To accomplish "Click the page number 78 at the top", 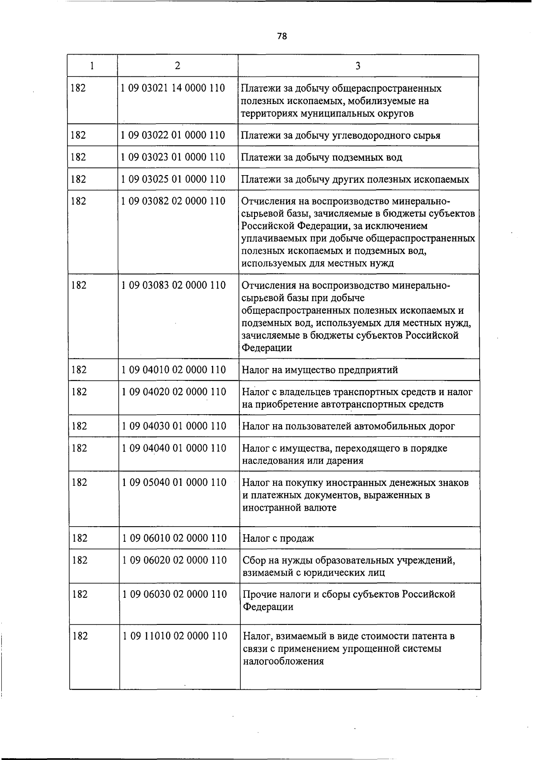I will pos(282,36).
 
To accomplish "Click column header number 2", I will pos(178,66).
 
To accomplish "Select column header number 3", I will pos(358,66).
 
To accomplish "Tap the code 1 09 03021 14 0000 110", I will pos(173,88).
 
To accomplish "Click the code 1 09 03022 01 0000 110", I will pos(173,135).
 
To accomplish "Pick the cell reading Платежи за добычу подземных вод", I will pos(322,157).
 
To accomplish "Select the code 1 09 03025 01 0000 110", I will pos(173,179).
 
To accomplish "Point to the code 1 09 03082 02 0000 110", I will pos(173,201).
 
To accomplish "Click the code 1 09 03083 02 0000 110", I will pos(173,285).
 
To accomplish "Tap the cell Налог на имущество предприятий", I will pos(320,370).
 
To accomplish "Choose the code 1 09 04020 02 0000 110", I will pos(174,392).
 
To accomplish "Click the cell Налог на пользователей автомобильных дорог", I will pos(348,426).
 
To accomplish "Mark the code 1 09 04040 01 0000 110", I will pos(174,448).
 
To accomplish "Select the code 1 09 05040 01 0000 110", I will pos(174,482).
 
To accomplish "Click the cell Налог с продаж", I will pos(278,539).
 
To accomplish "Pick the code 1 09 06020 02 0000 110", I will pos(175,560).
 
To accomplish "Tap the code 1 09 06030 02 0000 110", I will pos(175,594).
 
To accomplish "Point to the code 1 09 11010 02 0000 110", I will pos(175,636).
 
